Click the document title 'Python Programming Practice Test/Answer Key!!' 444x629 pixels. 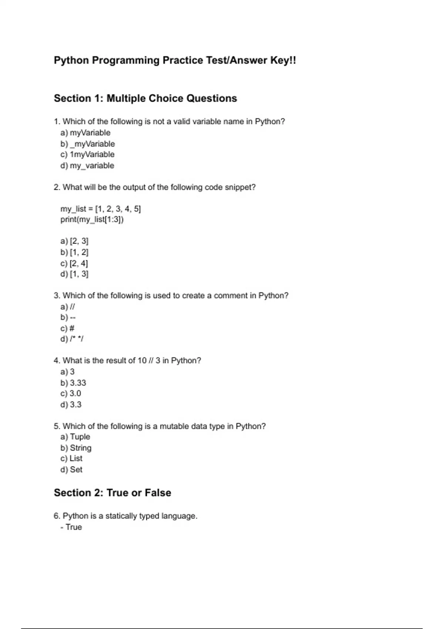click(175, 60)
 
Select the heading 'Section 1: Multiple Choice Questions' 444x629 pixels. click(145, 98)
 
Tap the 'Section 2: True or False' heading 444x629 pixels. click(112, 493)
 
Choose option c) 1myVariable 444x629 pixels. click(87, 155)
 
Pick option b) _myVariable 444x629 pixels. click(88, 144)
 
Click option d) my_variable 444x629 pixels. click(87, 166)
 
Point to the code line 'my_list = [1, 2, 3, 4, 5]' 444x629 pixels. click(101, 209)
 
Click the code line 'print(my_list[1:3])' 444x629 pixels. click(92, 220)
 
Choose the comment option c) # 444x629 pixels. click(67, 329)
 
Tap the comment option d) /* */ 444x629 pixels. click(72, 339)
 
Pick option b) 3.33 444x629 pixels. click(73, 383)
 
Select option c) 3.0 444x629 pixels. click(71, 394)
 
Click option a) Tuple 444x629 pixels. click(75, 437)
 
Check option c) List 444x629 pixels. click(71, 459)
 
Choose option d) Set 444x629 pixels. click(71, 470)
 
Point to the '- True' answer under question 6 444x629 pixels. click(71, 527)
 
